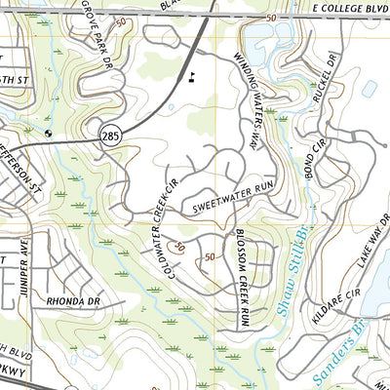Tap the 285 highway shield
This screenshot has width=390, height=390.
click(109, 137)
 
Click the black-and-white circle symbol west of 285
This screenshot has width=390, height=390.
click(50, 132)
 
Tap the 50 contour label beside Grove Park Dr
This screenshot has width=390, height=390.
click(120, 20)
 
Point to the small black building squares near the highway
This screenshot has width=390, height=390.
click(193, 75)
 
